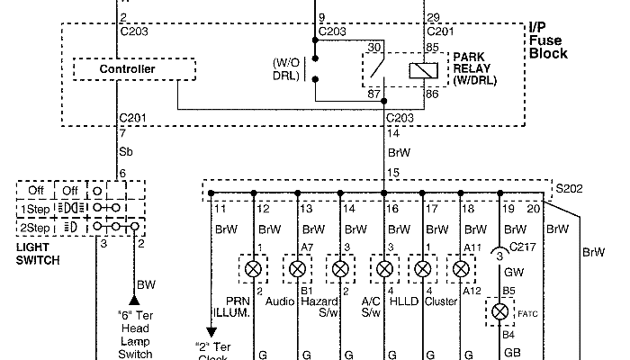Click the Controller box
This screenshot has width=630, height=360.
tap(128, 69)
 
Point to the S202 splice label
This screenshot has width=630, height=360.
tap(569, 192)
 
